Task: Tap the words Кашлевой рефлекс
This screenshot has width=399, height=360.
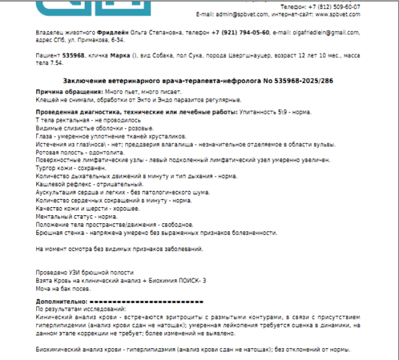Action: (x=62, y=184)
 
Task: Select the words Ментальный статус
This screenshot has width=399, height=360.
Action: (x=63, y=216)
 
